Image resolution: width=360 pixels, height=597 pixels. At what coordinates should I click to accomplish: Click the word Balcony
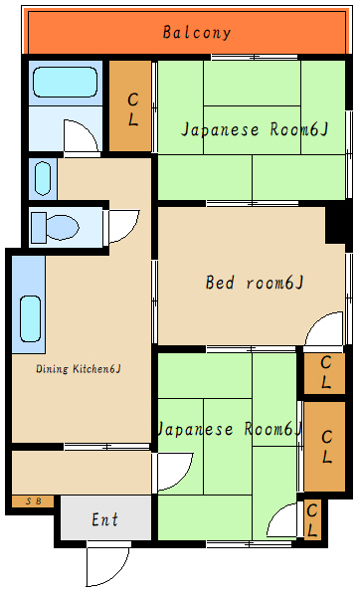pyautogui.click(x=197, y=32)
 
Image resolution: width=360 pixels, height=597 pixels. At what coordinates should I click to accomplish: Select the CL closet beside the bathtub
pyautogui.click(x=131, y=106)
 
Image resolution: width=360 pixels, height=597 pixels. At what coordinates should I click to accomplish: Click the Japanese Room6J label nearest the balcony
pyautogui.click(x=253, y=130)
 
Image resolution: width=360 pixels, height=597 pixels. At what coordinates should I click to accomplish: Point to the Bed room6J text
pyautogui.click(x=254, y=283)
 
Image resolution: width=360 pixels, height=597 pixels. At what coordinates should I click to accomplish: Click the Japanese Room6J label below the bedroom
pyautogui.click(x=229, y=430)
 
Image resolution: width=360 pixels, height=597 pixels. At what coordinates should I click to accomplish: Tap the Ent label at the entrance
pyautogui.click(x=104, y=519)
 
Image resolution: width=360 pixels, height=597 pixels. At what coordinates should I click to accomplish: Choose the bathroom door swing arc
pyautogui.click(x=80, y=137)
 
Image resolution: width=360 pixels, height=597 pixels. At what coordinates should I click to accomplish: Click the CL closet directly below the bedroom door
pyautogui.click(x=324, y=373)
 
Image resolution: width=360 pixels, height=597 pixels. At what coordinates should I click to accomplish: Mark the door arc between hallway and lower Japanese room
pyautogui.click(x=173, y=472)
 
